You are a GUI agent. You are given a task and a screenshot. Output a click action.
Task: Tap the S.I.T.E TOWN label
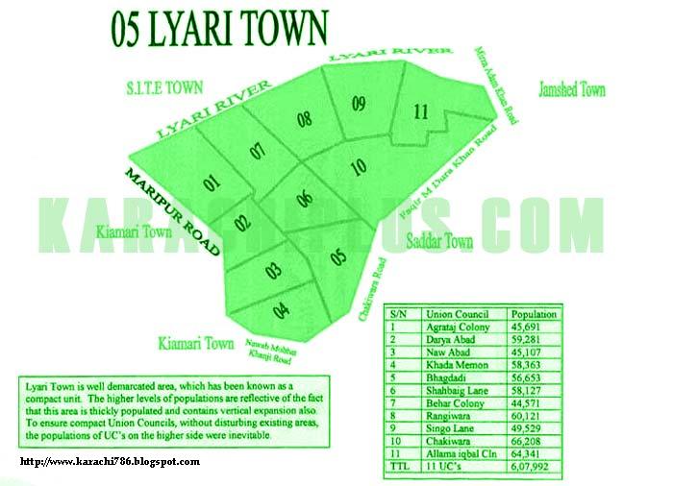click(163, 87)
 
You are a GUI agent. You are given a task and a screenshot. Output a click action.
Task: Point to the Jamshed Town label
click(572, 89)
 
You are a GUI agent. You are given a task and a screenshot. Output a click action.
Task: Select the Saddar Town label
click(439, 242)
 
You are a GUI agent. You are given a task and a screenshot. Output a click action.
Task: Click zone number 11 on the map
click(420, 111)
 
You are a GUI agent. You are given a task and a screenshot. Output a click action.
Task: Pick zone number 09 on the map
click(359, 103)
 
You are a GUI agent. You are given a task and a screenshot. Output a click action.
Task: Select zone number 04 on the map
click(281, 309)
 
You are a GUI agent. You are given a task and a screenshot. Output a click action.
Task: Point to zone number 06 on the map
click(305, 200)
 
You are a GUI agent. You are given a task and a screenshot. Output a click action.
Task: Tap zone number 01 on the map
click(212, 181)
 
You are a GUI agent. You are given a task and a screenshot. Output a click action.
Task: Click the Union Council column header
click(452, 314)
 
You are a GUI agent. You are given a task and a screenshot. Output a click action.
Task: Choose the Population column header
click(534, 314)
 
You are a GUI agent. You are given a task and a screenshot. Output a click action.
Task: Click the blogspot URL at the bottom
click(110, 462)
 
